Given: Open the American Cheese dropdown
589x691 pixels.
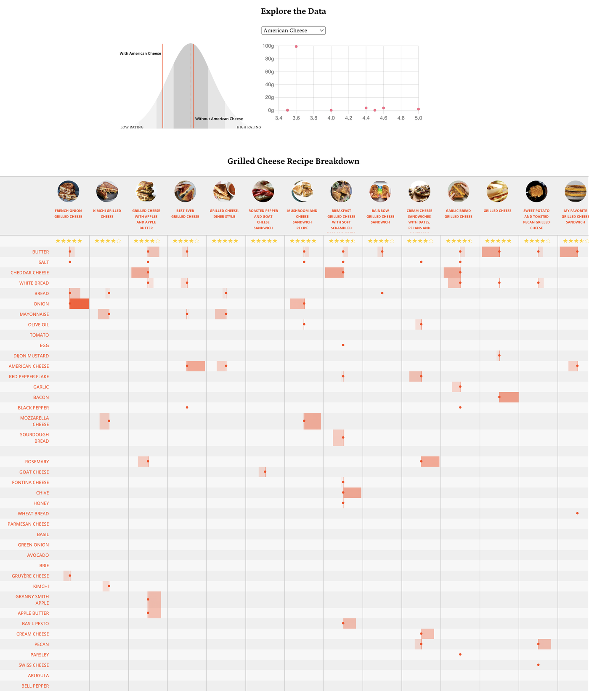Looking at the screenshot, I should [x=293, y=30].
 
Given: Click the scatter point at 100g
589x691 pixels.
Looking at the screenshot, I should [x=296, y=46].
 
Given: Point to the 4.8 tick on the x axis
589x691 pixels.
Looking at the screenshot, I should [x=401, y=118].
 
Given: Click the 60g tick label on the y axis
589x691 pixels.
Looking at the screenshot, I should [x=269, y=72].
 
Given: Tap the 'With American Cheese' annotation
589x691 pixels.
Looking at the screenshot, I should [x=140, y=53].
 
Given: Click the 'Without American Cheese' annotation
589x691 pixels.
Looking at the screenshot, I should [x=219, y=119].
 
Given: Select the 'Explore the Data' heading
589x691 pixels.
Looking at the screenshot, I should [x=293, y=11].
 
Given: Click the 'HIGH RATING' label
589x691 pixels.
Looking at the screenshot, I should [x=249, y=127].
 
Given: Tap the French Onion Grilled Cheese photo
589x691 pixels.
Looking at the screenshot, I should [x=68, y=191].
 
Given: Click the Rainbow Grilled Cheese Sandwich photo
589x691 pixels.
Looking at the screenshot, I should [x=380, y=191].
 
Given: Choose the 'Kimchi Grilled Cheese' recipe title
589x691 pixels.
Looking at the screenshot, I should [x=107, y=214].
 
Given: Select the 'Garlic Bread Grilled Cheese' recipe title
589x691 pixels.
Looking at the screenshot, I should [x=458, y=214].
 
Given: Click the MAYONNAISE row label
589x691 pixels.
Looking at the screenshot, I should [x=34, y=314].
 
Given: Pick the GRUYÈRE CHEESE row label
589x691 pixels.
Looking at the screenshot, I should [x=30, y=576].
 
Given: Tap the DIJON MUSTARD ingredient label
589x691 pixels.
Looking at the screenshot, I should [x=31, y=356].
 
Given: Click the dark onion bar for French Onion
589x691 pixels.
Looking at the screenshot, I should [x=80, y=304].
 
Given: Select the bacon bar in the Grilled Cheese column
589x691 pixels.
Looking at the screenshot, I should [x=509, y=397].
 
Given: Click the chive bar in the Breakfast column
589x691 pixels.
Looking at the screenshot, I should [x=352, y=493].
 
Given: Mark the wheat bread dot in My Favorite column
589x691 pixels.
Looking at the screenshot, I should [x=577, y=513].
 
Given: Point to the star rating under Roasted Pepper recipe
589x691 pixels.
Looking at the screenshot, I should [x=264, y=241].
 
